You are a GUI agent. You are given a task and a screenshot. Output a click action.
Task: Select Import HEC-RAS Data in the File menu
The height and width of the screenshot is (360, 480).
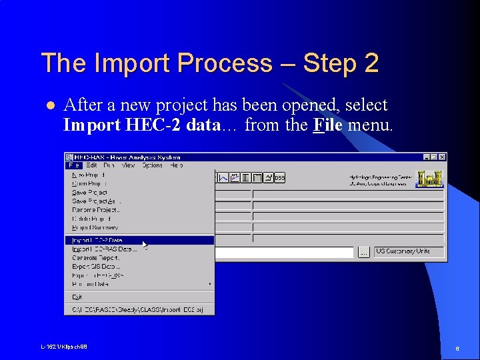click(104, 249)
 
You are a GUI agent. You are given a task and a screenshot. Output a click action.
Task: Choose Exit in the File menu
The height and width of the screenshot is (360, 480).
click(77, 297)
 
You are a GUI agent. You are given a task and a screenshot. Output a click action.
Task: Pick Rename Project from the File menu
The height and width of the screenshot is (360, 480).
click(96, 209)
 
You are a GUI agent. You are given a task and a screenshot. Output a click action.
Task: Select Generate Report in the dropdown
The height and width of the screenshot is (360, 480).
click(96, 257)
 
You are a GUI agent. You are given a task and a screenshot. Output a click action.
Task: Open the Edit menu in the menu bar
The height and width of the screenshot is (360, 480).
click(91, 165)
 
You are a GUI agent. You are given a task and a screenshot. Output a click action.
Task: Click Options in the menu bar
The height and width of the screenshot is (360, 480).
click(152, 165)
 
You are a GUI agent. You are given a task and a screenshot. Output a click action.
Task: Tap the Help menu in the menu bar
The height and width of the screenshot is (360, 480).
click(176, 165)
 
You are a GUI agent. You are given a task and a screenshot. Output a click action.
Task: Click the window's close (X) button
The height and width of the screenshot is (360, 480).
click(441, 157)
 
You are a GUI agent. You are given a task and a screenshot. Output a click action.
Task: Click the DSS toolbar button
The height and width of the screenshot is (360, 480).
click(279, 178)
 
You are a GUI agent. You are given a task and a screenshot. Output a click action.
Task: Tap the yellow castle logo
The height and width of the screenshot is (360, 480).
click(429, 179)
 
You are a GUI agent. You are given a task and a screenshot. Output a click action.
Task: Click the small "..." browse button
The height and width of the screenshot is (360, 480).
click(363, 252)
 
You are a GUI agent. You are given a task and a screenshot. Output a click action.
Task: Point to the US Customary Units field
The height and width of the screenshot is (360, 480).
click(408, 251)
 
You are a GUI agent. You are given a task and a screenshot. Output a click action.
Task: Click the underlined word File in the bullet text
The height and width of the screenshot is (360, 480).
click(327, 124)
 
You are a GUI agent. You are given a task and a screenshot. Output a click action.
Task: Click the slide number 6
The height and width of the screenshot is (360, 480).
click(457, 349)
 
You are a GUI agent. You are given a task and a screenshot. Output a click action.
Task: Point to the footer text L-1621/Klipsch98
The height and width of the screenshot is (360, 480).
click(64, 347)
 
